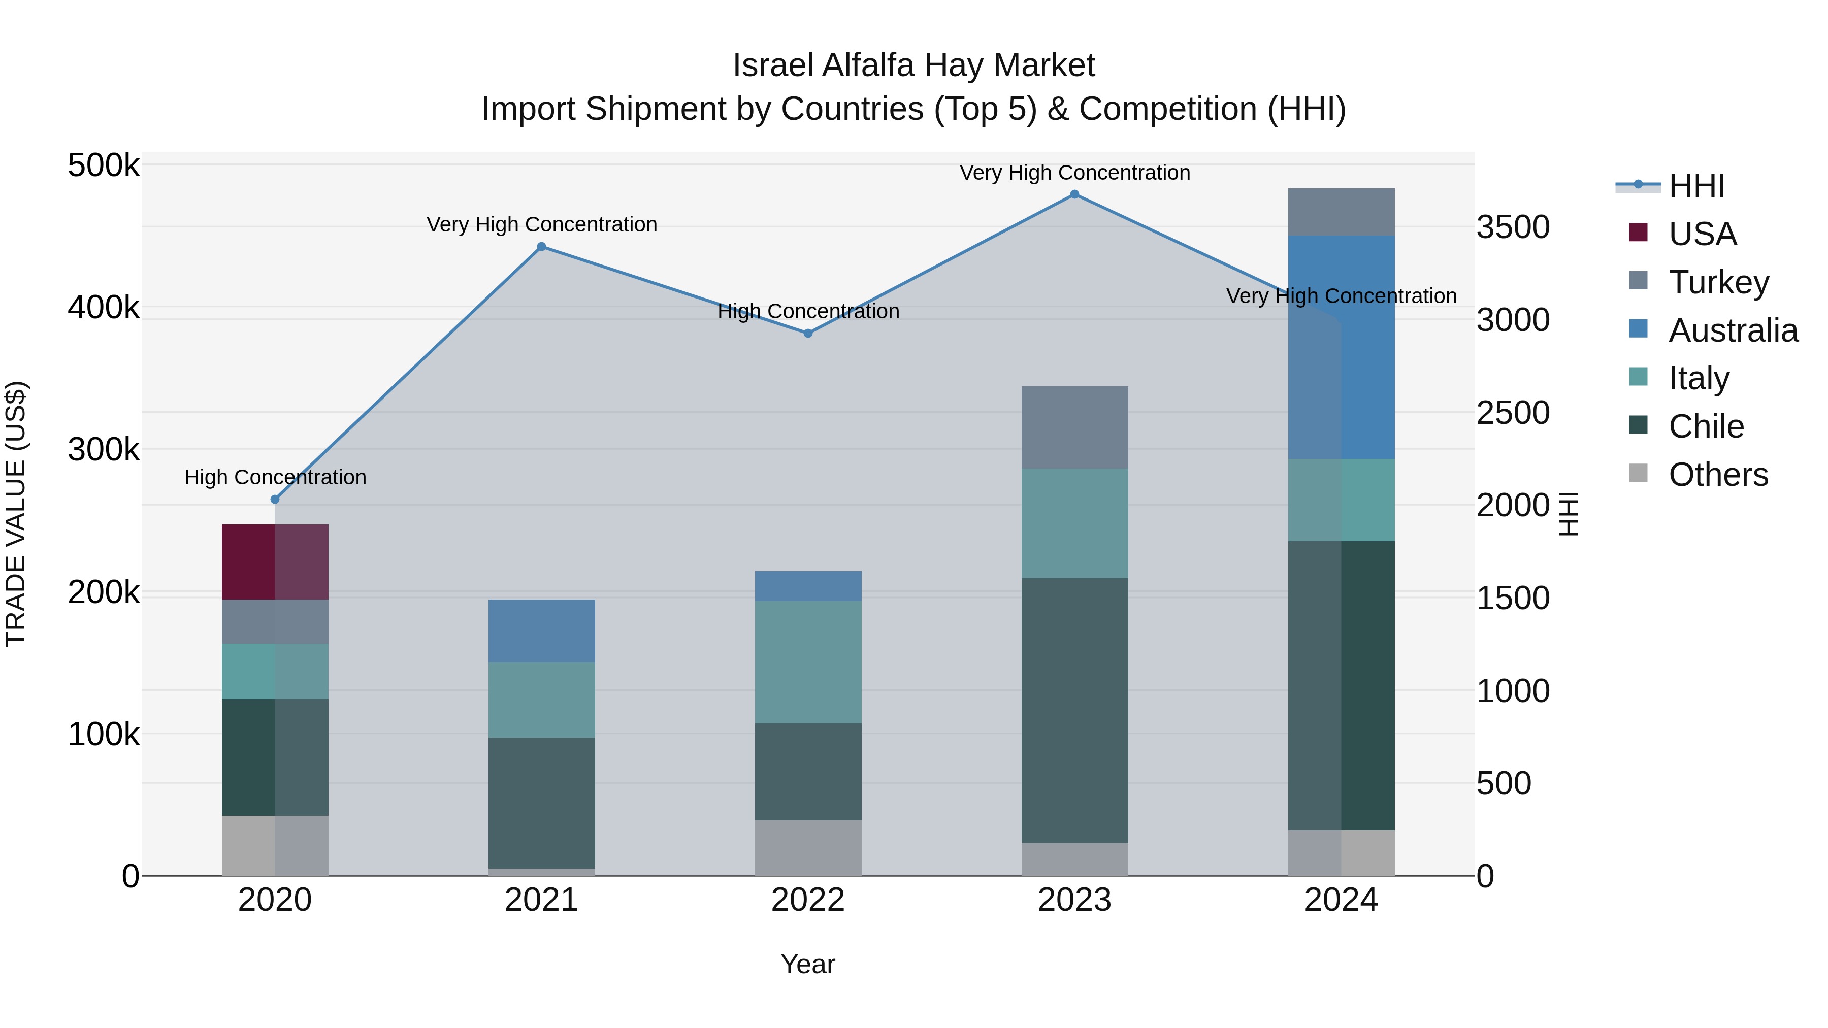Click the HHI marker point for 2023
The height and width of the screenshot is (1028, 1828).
(1074, 194)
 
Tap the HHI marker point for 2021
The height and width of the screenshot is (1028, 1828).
(541, 247)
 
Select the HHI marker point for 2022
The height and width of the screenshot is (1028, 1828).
(808, 334)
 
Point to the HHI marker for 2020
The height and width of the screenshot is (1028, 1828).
(275, 500)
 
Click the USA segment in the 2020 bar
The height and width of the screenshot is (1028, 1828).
(275, 562)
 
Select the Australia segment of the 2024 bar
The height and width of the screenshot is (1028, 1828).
(1341, 348)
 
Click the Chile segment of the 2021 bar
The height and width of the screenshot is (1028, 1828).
(541, 803)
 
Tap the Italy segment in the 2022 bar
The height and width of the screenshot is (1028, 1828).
(808, 662)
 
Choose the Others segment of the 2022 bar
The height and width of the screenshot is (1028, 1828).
(808, 848)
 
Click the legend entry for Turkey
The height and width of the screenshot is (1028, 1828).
(1718, 282)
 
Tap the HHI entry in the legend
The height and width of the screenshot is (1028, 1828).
(1696, 186)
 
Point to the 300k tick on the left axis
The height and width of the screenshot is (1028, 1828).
(104, 449)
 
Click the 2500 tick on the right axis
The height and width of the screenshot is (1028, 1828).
(1513, 413)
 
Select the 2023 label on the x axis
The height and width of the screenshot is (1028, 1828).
(1074, 900)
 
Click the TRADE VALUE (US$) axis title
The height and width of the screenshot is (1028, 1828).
(16, 514)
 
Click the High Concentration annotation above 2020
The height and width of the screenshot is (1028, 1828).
(275, 478)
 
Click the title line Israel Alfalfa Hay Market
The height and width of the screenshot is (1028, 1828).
(913, 65)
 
